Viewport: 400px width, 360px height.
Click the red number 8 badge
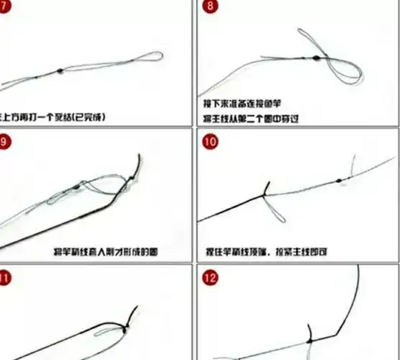point(209,7)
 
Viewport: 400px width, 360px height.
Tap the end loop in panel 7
point(153,56)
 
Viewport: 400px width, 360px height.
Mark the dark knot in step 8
point(316,57)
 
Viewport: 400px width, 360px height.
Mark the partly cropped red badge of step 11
point(4,276)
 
